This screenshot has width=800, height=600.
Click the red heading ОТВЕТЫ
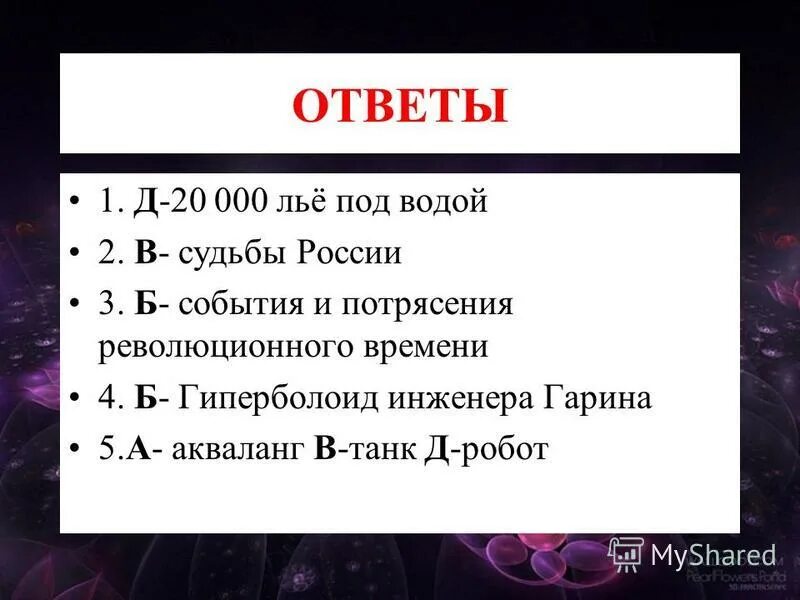click(399, 106)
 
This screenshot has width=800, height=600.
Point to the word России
click(348, 253)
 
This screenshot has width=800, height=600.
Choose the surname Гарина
click(596, 398)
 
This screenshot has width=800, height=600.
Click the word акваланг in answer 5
click(238, 448)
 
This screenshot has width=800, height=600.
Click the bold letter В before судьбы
click(146, 253)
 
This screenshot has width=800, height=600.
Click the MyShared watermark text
click(713, 555)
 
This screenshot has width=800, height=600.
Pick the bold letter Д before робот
click(436, 448)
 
